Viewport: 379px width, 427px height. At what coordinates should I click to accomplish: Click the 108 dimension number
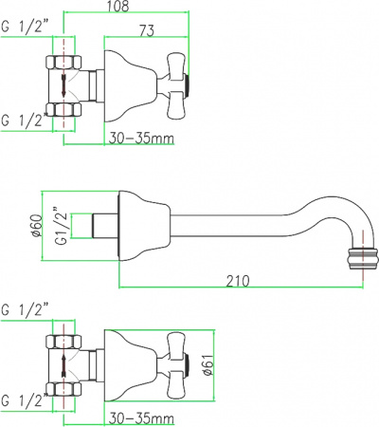[116, 9]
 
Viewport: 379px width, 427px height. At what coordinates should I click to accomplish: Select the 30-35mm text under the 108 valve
[140, 138]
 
